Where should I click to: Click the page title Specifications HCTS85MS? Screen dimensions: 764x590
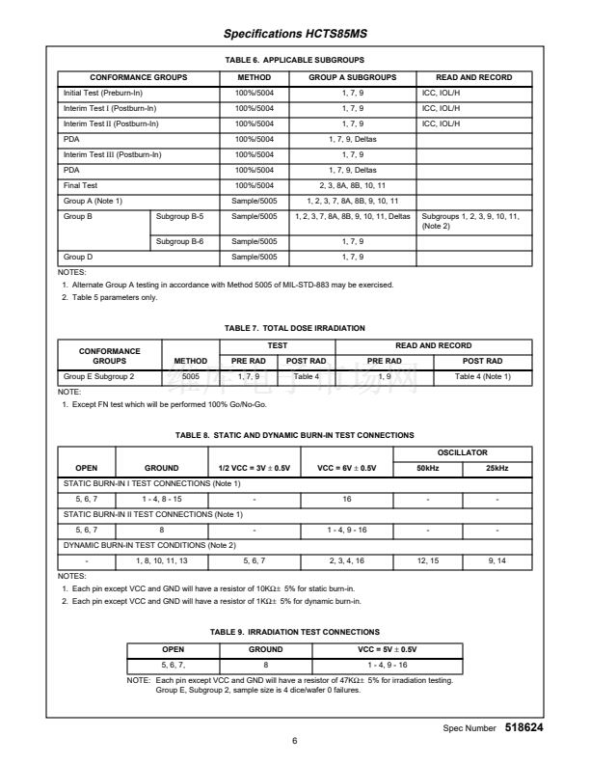(295, 35)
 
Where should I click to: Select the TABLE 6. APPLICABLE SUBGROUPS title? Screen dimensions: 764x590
(295, 61)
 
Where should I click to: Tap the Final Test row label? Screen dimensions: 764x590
(81, 184)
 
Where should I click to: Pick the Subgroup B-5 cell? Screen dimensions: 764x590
(178, 216)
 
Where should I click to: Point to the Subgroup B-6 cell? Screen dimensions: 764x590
(178, 241)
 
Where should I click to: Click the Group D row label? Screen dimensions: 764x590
(77, 258)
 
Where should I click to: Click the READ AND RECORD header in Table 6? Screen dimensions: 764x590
(473, 77)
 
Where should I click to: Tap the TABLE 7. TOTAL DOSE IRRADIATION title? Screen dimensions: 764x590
(295, 329)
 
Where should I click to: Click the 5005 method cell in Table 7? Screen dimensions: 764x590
(190, 375)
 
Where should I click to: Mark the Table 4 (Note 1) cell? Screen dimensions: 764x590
(482, 375)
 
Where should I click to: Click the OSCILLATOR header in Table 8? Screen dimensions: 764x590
(464, 452)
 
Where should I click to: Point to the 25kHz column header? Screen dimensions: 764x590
(497, 468)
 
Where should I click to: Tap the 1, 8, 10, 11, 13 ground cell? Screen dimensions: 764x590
(162, 560)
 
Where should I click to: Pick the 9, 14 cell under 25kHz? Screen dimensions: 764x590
(497, 560)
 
